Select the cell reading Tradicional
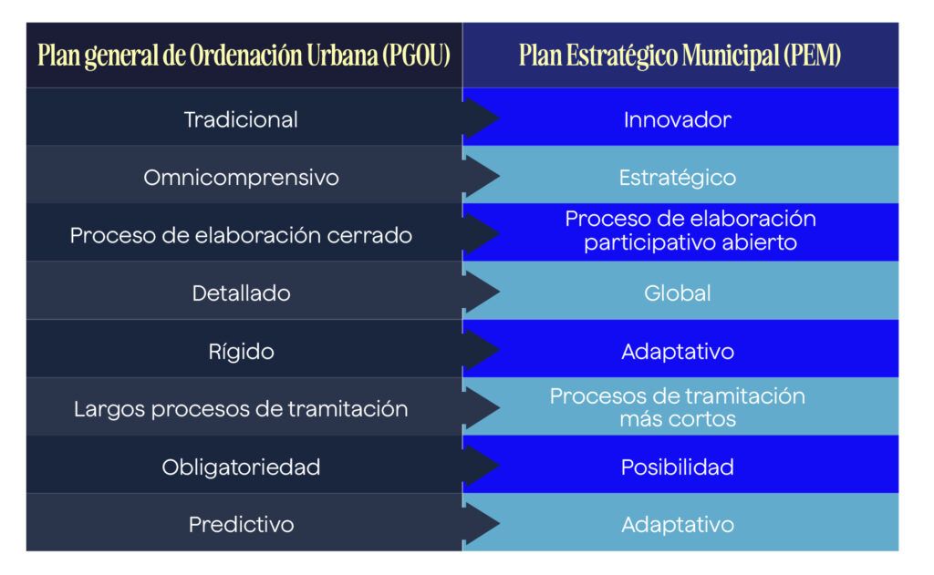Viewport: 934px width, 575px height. [x=241, y=119]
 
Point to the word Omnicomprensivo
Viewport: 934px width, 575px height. [x=241, y=178]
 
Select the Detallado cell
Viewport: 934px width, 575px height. [x=241, y=293]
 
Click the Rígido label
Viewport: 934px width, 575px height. [x=241, y=351]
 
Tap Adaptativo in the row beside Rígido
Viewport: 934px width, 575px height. [x=678, y=352]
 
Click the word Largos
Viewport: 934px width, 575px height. [x=109, y=409]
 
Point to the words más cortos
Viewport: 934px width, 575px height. [x=678, y=419]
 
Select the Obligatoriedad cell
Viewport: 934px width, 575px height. [x=241, y=467]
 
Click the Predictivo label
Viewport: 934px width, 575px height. [x=241, y=525]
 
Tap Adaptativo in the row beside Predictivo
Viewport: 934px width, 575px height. [x=678, y=525]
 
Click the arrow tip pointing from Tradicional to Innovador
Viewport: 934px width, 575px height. [x=499, y=118]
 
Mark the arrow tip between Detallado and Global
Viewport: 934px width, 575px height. [x=499, y=292]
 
